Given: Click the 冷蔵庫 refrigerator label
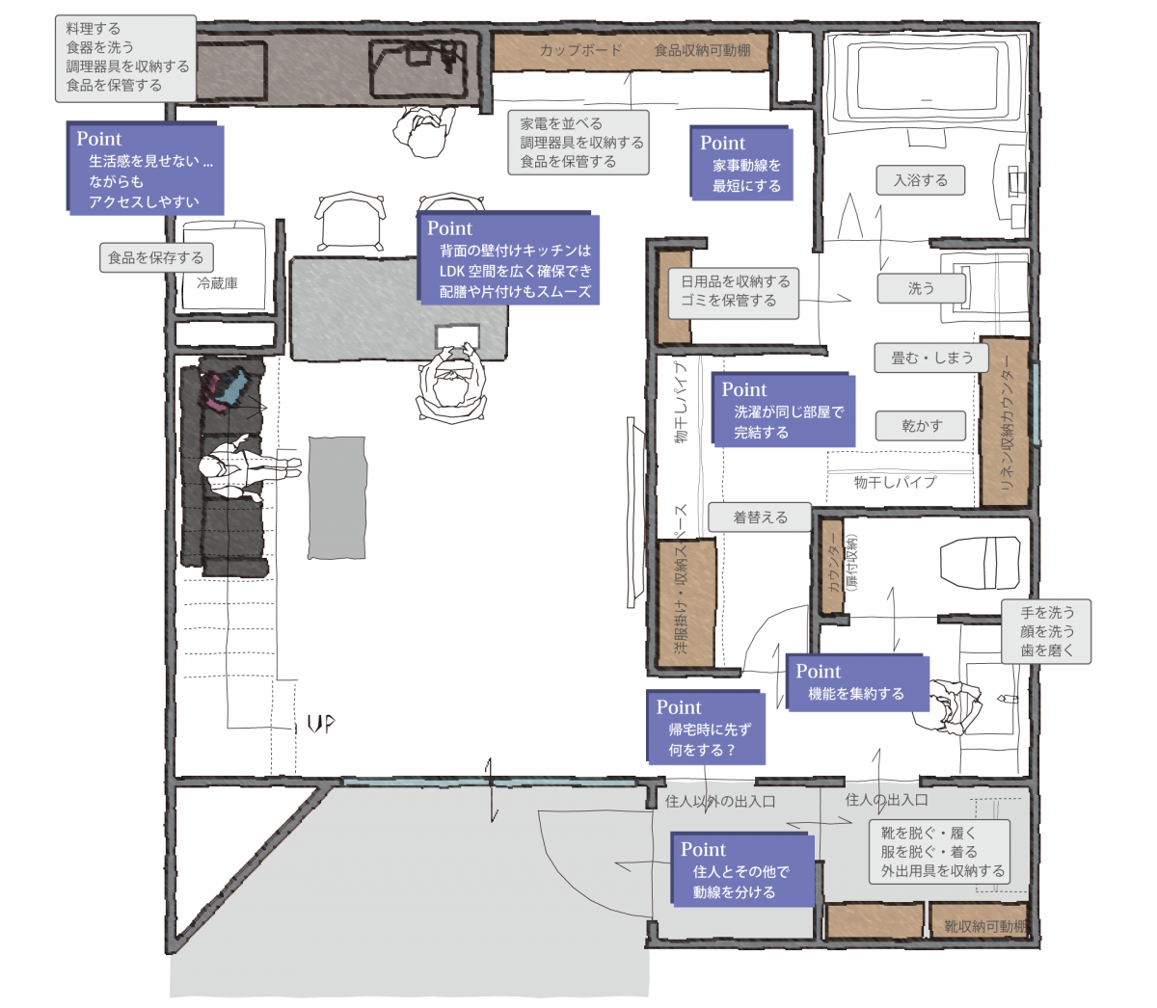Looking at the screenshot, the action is [217, 283].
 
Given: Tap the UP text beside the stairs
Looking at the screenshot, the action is [321, 723].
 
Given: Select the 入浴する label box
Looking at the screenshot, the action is [920, 180].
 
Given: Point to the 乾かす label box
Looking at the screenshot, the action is [920, 426].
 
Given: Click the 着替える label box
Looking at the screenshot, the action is [760, 517].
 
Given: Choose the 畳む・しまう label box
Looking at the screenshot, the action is [931, 358].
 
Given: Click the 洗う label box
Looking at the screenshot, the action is [921, 288].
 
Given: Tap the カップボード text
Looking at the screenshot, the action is [580, 50].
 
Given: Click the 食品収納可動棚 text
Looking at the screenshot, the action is [702, 50].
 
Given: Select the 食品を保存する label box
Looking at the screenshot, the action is [156, 257].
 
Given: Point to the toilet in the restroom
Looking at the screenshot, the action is [980, 562].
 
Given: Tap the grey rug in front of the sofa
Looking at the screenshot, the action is [336, 497].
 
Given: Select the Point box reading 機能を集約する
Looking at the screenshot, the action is [857, 682].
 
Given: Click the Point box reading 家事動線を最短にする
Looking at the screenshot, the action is [740, 163].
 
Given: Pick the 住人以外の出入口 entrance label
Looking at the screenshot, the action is [720, 801].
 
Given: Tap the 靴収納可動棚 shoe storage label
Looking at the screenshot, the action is [985, 926].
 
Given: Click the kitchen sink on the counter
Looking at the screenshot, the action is [418, 68].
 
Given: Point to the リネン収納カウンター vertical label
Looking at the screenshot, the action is [1008, 421].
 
